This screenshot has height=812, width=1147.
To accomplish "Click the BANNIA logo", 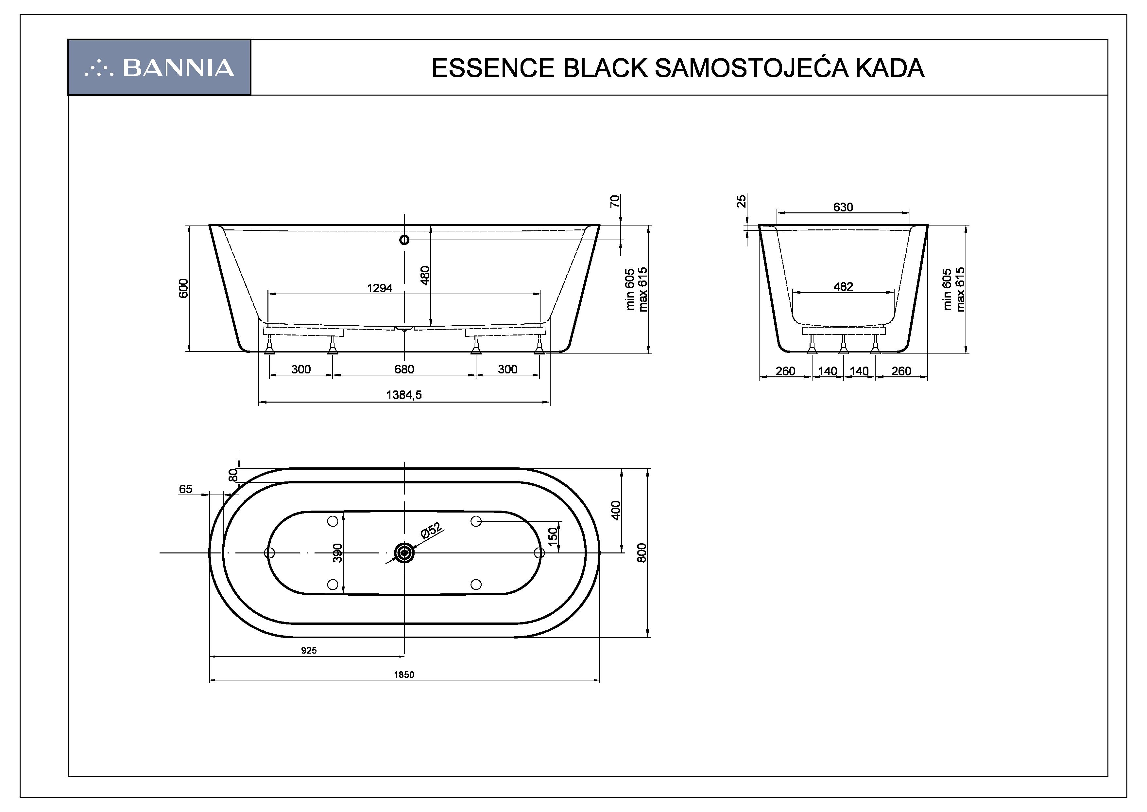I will [159, 67].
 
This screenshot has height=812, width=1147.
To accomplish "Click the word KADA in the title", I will [889, 68].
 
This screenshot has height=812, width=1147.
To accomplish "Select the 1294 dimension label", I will [380, 288].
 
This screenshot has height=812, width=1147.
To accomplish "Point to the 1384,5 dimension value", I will [404, 395].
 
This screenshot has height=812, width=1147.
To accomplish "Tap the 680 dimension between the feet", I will [404, 370].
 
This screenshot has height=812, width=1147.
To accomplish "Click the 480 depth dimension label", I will [425, 275].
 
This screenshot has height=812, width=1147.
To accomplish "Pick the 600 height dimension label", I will [184, 288].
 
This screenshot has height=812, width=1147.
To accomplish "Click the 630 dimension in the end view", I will [843, 207].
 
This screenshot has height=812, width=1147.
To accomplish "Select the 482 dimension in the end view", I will [843, 286].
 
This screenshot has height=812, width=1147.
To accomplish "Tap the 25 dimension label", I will [742, 201].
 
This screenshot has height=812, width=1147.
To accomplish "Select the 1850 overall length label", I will [404, 675].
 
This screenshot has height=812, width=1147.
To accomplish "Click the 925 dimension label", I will [309, 651].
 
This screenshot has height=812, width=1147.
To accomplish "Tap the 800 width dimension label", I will [642, 552].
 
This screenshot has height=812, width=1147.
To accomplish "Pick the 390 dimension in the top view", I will [338, 552].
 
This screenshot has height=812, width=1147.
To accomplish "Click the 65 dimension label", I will [185, 489].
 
